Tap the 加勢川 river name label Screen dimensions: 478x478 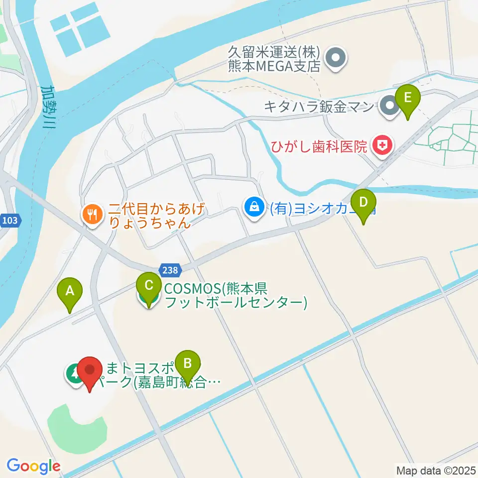tap(49, 107)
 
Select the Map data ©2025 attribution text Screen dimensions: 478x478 tap(436, 470)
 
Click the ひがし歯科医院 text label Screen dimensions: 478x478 tap(319, 146)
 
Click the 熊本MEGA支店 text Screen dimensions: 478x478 tap(273, 67)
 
